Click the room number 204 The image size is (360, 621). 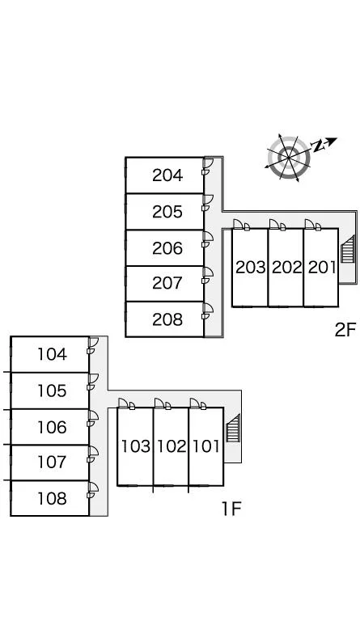(x=167, y=175)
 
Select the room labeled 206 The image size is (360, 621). (x=167, y=248)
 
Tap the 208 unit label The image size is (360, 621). (x=167, y=319)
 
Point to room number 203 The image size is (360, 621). (x=250, y=268)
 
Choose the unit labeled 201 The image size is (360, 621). (x=322, y=268)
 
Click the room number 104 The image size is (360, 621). (x=52, y=354)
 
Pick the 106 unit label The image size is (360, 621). (x=52, y=427)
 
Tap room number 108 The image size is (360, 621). (x=52, y=498)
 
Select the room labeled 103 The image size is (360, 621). (x=136, y=446)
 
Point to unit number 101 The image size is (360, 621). (x=206, y=446)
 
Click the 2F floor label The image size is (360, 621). (x=345, y=330)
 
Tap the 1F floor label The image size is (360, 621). (x=231, y=509)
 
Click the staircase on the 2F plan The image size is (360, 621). (x=347, y=249)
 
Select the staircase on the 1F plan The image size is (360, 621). (x=233, y=428)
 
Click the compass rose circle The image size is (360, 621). (x=289, y=158)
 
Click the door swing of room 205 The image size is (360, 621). (x=208, y=199)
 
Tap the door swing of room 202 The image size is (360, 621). (x=274, y=224)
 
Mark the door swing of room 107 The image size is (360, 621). (x=93, y=450)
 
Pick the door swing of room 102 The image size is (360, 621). (x=159, y=403)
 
